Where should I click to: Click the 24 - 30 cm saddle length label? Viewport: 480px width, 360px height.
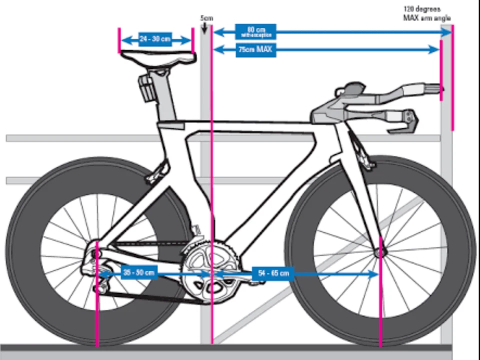point(155,39)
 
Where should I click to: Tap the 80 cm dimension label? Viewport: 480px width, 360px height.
point(255,32)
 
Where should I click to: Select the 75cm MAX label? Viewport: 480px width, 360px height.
point(255,49)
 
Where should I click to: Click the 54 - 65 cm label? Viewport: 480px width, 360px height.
point(273,273)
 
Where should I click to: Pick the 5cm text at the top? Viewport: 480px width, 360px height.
point(206,18)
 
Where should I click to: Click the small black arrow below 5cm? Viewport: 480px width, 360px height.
point(204,28)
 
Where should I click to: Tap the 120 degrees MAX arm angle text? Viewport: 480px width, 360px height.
point(426,13)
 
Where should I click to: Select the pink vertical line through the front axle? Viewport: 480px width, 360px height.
point(381,300)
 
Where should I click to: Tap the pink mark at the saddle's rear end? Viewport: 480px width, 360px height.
point(119,40)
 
